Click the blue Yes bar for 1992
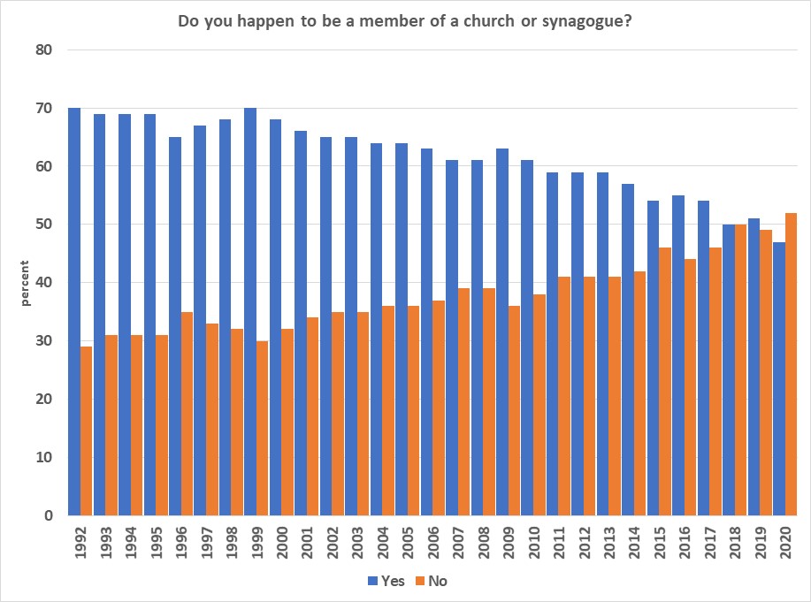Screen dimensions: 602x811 tap(73, 311)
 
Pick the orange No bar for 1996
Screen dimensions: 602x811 tap(187, 413)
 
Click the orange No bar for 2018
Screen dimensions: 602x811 tap(740, 370)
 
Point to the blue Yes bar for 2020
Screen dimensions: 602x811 tap(778, 378)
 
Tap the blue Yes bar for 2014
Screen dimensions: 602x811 tap(627, 349)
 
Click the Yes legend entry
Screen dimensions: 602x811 tap(386, 581)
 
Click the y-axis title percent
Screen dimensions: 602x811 tap(26, 283)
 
